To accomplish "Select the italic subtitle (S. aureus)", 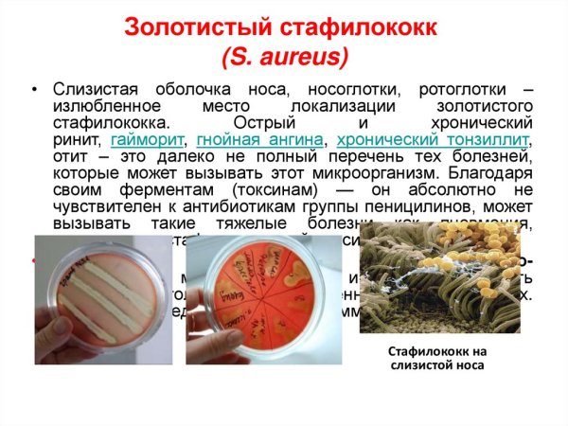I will click(x=285, y=60).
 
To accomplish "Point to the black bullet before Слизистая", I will click(x=35, y=91).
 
